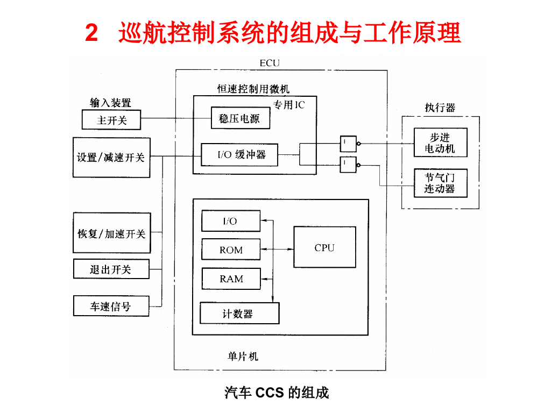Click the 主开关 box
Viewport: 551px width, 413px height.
[x=111, y=120]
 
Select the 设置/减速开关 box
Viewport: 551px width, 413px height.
[x=111, y=157]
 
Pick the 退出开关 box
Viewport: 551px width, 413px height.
[x=111, y=269]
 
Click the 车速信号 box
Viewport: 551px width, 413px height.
[x=111, y=307]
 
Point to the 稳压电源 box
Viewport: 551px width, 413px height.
[x=240, y=118]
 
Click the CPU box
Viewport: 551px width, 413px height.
[x=324, y=247]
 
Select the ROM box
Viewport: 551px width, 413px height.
[x=231, y=250]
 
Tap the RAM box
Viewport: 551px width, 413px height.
[x=231, y=279]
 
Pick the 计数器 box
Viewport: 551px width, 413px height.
[x=239, y=314]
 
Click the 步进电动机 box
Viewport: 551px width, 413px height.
[x=440, y=143]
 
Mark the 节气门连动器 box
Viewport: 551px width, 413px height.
[x=440, y=183]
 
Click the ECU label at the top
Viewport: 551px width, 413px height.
[x=270, y=63]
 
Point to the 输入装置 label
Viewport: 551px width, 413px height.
[x=110, y=103]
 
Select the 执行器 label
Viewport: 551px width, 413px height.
[x=440, y=108]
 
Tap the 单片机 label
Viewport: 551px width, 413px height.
[x=243, y=356]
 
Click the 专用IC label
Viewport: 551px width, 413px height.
[x=289, y=105]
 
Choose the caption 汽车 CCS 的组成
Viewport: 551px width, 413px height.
[x=277, y=393]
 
